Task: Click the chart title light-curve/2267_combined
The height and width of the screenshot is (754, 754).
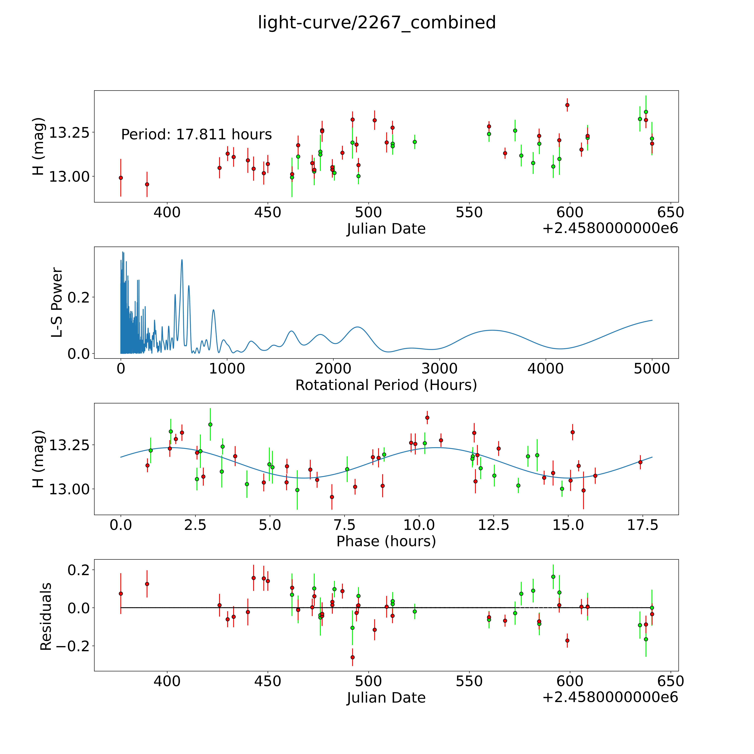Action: [x=377, y=23]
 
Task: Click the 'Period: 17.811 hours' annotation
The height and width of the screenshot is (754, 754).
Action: [x=196, y=135]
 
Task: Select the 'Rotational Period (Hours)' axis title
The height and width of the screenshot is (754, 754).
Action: [x=386, y=385]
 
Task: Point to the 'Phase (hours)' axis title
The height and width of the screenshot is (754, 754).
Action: [x=386, y=541]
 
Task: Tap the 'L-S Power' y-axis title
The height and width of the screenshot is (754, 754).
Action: [x=57, y=302]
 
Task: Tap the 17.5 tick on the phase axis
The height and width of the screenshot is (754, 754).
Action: [x=642, y=525]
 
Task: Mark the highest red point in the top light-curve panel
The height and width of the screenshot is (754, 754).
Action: [x=567, y=105]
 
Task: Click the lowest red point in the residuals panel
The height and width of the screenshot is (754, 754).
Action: [x=352, y=657]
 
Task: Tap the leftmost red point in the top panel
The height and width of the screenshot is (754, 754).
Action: [x=121, y=178]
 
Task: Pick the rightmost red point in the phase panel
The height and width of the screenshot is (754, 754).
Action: [x=640, y=462]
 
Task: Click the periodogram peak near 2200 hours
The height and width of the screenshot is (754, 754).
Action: [x=357, y=327]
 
